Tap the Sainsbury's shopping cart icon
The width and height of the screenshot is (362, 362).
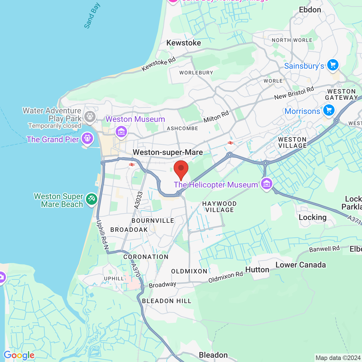click(x=333, y=65)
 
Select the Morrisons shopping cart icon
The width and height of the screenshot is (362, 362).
click(x=329, y=110)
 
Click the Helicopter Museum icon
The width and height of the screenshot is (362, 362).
click(x=266, y=184)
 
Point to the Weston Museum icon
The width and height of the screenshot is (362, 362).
click(x=121, y=132)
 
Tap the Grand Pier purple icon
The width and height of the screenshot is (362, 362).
click(x=87, y=138)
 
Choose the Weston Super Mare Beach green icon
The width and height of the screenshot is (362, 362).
click(x=91, y=199)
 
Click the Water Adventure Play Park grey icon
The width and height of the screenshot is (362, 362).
click(x=90, y=116)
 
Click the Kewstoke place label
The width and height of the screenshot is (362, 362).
click(x=184, y=43)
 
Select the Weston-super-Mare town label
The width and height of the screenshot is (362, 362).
click(x=168, y=152)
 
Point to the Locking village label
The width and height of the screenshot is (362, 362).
click(x=313, y=217)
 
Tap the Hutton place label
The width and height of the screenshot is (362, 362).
click(x=257, y=270)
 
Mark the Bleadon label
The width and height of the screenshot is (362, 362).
click(x=213, y=355)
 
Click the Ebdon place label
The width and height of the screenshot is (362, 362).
click(x=310, y=10)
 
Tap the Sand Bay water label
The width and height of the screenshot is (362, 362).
click(x=92, y=16)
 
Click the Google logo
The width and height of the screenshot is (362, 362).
click(x=19, y=355)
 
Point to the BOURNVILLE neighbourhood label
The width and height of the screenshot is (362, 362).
click(x=153, y=221)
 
